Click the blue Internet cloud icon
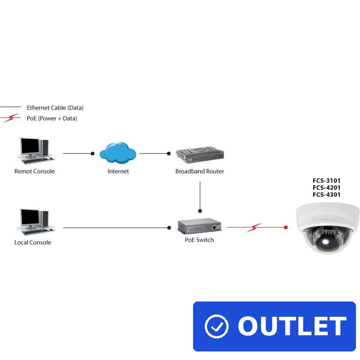point(118,153)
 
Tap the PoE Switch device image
point(199,227)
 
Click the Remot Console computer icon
point(35,150)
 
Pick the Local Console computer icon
point(35,221)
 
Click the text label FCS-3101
point(327,180)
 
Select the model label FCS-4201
point(327,188)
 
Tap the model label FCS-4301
point(327,195)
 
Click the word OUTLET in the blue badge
point(292,326)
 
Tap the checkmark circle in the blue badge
point(216,326)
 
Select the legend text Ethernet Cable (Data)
point(55,108)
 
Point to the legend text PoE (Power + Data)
point(52,118)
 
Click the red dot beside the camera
point(286,228)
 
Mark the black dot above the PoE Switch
point(200,211)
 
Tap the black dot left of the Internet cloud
point(93,153)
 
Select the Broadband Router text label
point(199,171)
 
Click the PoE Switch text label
point(199,240)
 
